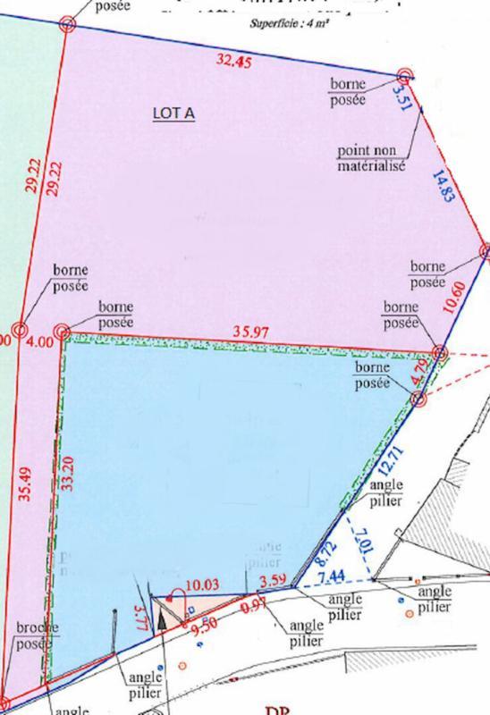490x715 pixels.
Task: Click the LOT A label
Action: [x=176, y=114]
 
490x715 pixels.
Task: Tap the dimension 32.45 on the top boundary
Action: [x=234, y=63]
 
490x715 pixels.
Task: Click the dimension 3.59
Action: [x=270, y=585]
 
